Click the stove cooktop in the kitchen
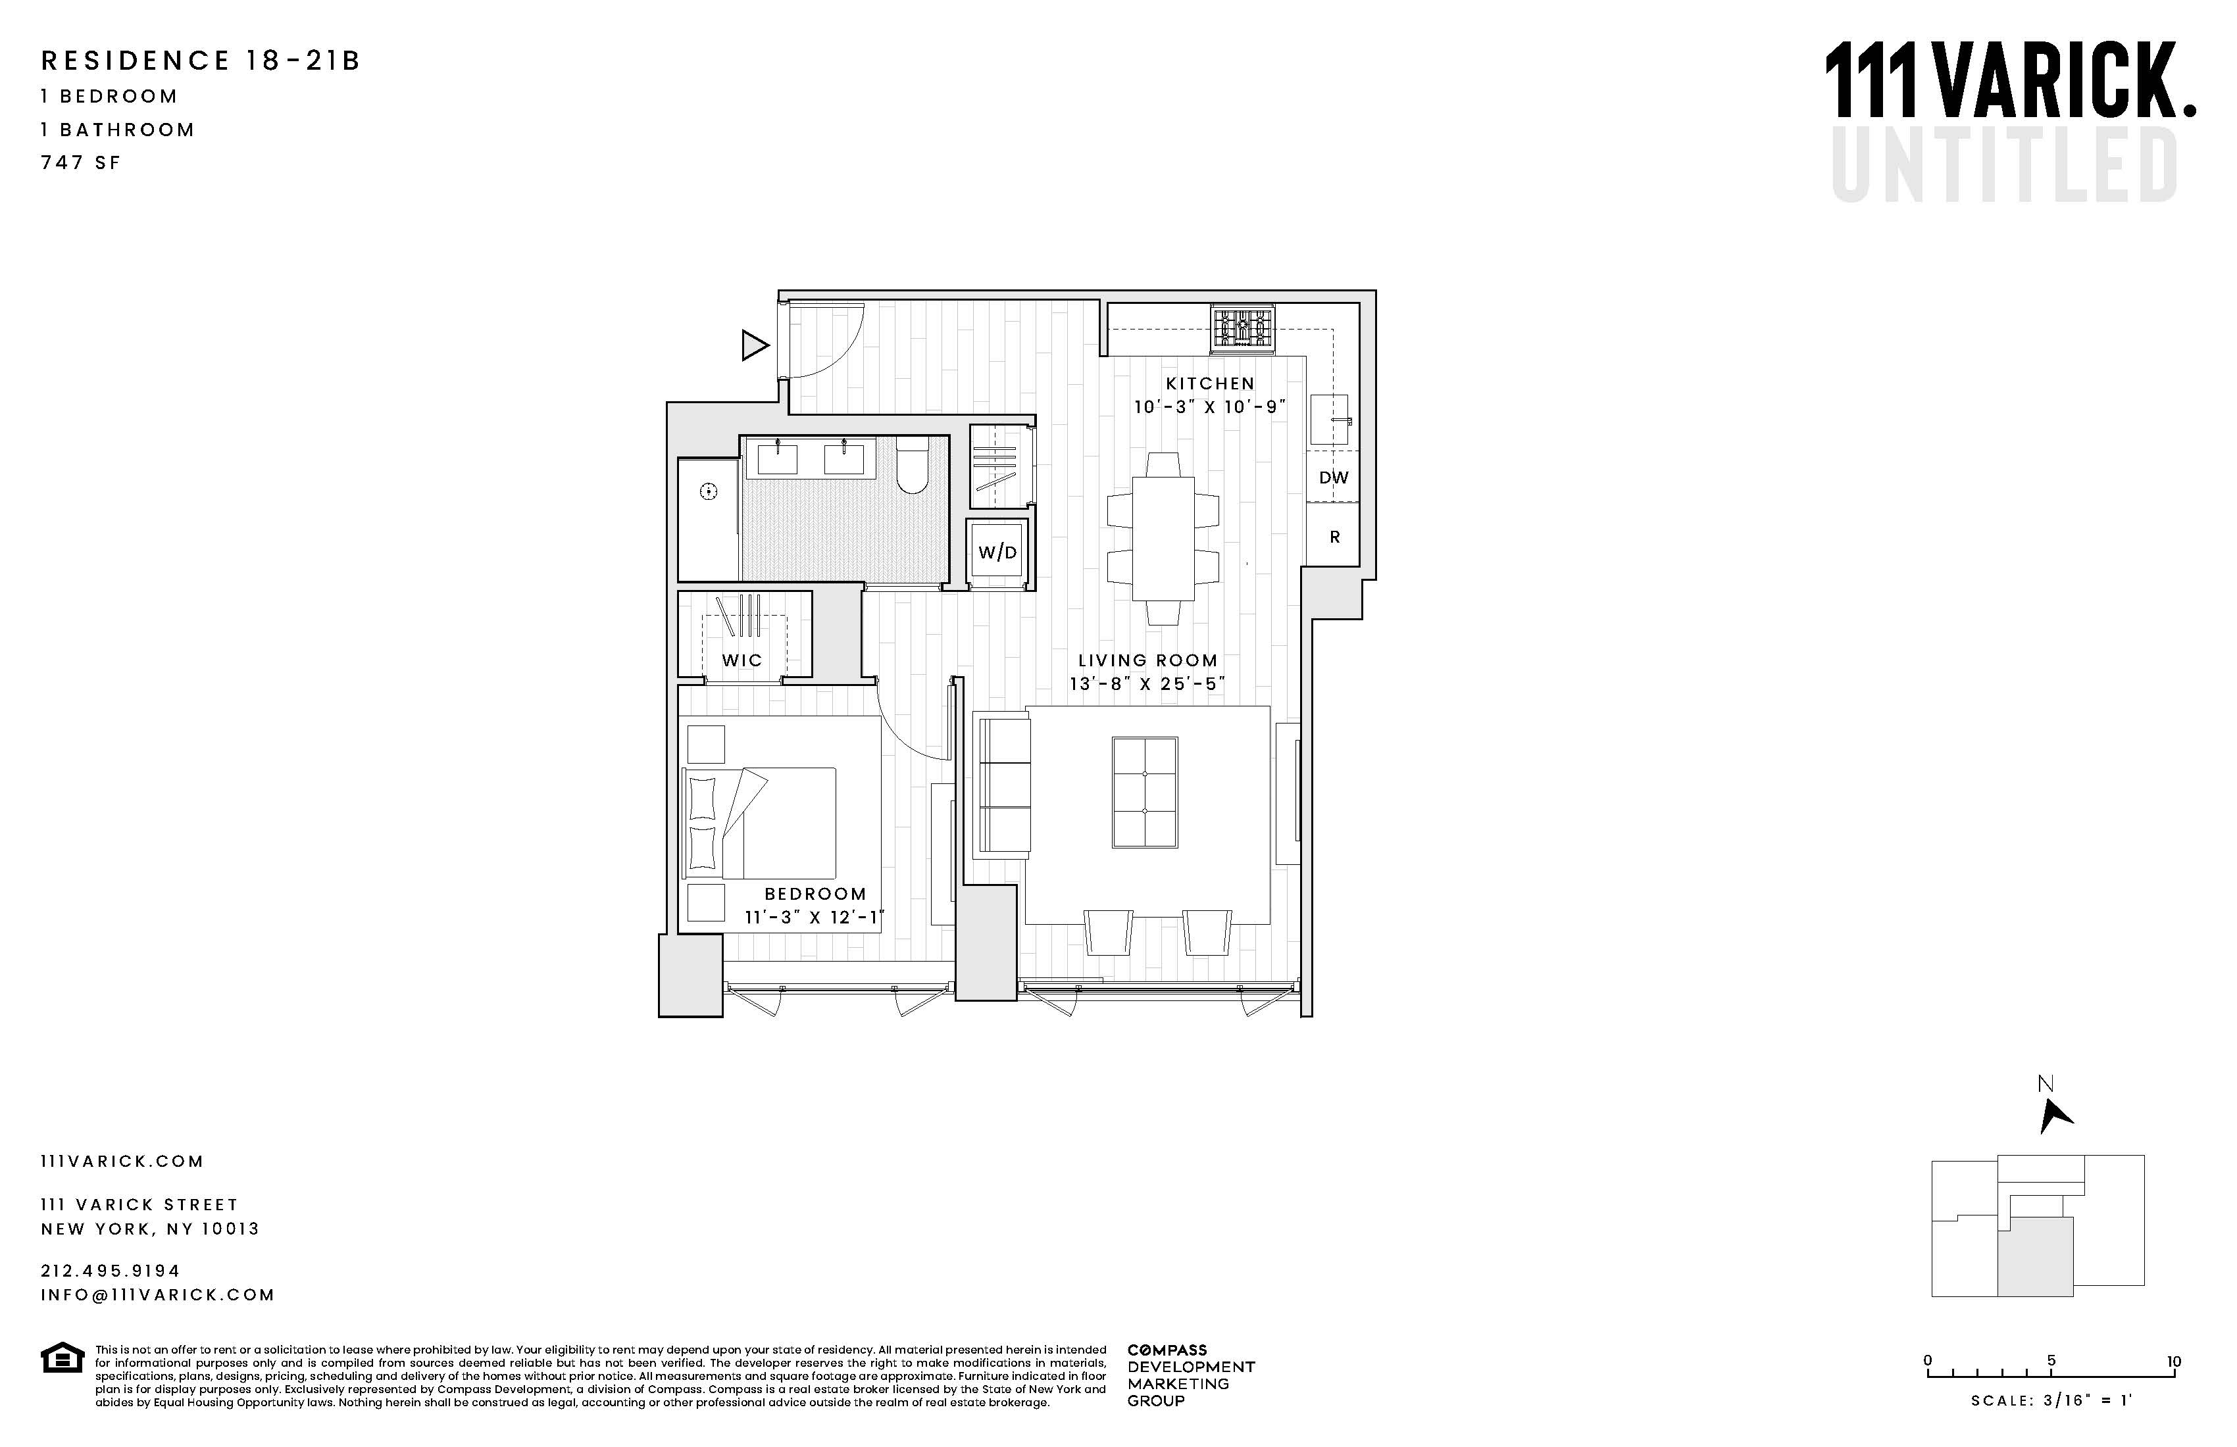pyautogui.click(x=1243, y=330)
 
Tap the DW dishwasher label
pyautogui.click(x=1333, y=478)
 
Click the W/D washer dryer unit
pyautogui.click(x=997, y=552)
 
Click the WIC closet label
pyautogui.click(x=741, y=660)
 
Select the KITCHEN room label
pyautogui.click(x=1210, y=383)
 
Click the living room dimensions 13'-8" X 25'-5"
pyautogui.click(x=1147, y=684)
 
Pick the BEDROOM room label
pyautogui.click(x=815, y=894)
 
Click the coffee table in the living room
pyautogui.click(x=1144, y=792)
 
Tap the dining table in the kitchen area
pyautogui.click(x=1163, y=539)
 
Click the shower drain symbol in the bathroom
pyautogui.click(x=709, y=491)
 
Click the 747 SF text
pyautogui.click(x=81, y=162)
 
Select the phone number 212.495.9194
pyautogui.click(x=110, y=1270)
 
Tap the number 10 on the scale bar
pyautogui.click(x=2174, y=1361)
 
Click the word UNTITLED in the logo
pyautogui.click(x=2004, y=166)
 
